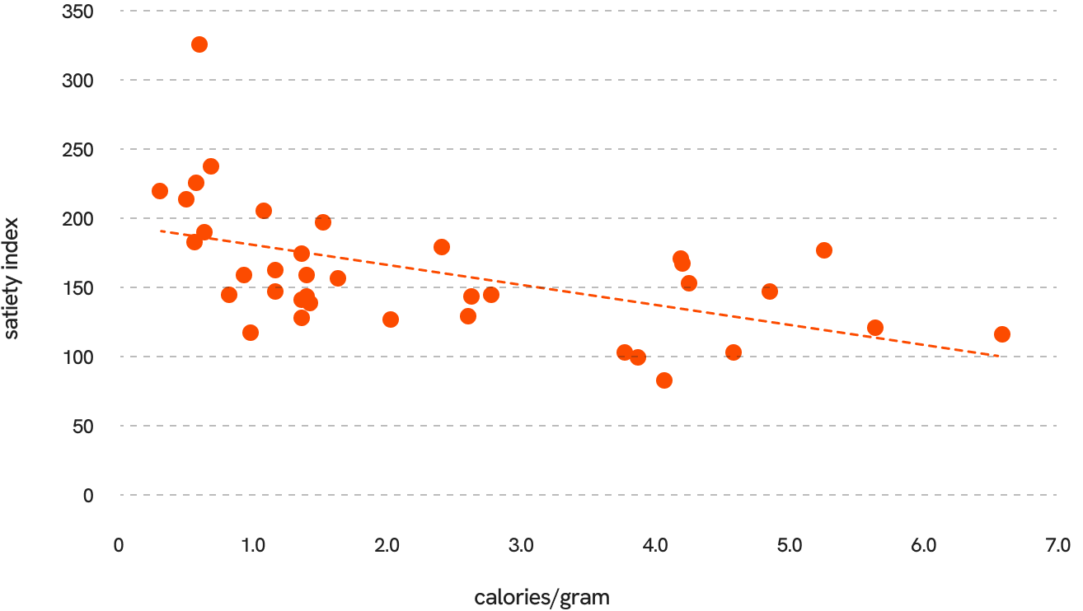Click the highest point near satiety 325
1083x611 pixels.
[199, 44]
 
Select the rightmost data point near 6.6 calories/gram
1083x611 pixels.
[1002, 334]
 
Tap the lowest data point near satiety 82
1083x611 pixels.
[664, 380]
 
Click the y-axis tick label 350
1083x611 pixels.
[77, 12]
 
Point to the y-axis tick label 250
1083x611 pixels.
[77, 150]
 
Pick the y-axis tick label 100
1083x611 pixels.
[77, 357]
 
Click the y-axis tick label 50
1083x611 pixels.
[81, 427]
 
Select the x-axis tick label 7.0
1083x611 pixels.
[1057, 546]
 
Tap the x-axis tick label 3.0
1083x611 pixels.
[521, 546]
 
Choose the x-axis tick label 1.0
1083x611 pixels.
[252, 546]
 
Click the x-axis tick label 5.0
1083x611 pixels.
[790, 546]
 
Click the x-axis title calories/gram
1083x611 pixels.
[542, 598]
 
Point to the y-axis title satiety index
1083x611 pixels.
[12, 278]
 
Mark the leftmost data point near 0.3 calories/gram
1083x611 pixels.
[160, 191]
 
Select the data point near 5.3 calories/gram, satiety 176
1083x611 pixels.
[824, 250]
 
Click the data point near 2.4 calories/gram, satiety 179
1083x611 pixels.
[442, 247]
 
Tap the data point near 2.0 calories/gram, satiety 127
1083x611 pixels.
[391, 319]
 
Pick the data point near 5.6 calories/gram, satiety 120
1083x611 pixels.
[875, 328]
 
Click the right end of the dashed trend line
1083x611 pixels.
[999, 356]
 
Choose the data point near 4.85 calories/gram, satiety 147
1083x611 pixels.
[770, 292]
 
